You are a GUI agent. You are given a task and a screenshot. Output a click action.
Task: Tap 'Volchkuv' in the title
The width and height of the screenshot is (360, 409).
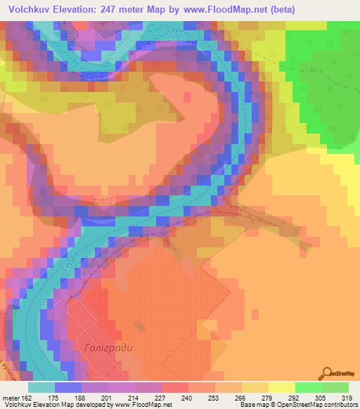(30, 9)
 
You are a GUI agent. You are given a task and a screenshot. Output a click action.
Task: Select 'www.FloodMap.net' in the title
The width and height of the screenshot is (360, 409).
(229, 9)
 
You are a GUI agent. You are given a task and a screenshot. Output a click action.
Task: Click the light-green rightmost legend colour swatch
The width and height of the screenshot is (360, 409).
(335, 387)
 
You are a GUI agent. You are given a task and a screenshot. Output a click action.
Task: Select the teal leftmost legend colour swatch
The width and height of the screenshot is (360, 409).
(41, 387)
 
